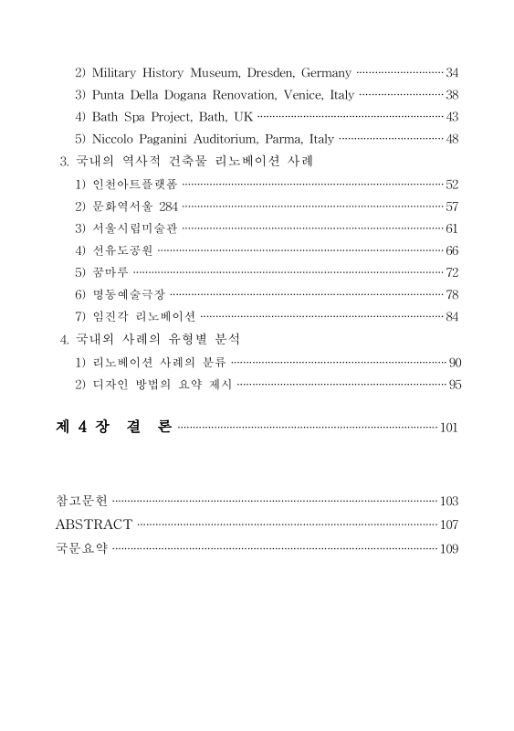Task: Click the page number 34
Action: point(452,72)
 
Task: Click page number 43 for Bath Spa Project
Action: point(452,117)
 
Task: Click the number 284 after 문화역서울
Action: point(168,207)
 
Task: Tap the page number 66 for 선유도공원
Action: point(452,250)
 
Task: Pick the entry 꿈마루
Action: point(110,272)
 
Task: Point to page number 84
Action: point(452,316)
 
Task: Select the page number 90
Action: point(455,362)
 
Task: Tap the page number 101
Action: point(448,428)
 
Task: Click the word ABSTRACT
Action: point(94,524)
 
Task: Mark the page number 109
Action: point(448,549)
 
